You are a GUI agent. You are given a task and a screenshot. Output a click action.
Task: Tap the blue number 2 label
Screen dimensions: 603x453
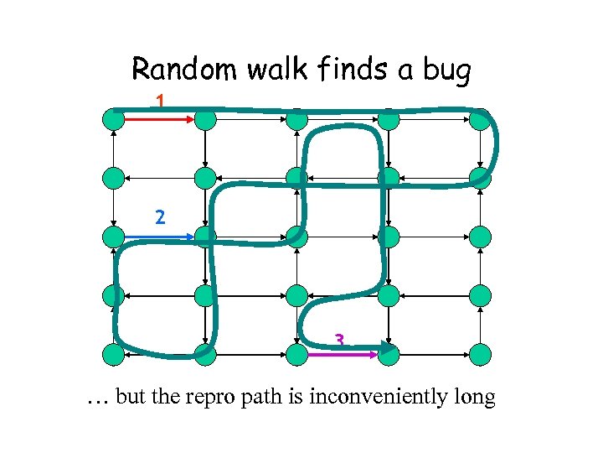160,216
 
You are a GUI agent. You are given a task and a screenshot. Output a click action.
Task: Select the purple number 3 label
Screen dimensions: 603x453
339,340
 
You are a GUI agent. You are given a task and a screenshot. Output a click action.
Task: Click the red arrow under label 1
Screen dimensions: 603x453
159,120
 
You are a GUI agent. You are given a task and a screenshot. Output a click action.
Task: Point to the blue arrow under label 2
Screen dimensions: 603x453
159,237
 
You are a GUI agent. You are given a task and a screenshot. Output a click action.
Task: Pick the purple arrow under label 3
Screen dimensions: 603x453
343,355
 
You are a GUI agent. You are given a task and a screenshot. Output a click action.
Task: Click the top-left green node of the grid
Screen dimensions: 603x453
114,120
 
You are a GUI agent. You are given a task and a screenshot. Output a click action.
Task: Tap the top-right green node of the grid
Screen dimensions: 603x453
480,120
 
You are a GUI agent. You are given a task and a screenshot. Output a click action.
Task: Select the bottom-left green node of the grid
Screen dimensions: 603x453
114,355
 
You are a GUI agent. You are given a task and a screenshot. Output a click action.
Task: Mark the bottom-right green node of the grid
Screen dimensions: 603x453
480,355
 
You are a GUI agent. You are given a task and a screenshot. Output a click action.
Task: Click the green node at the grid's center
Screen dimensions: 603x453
296,237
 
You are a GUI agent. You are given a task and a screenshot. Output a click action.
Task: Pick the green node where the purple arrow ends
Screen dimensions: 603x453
389,355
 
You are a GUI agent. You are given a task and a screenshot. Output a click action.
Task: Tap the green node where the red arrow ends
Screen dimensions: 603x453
205,120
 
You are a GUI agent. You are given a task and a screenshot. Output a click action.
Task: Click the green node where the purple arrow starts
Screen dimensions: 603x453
296,355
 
